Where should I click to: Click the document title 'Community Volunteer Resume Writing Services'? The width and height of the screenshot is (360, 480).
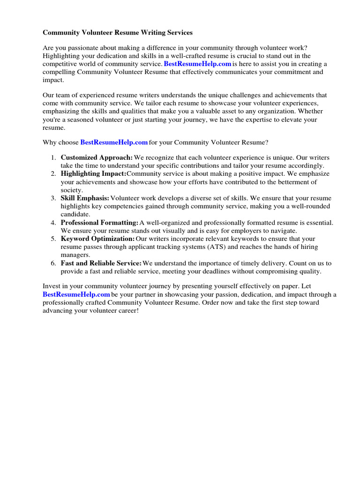pos(117,33)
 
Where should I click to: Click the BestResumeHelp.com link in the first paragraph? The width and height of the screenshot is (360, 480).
pos(197,64)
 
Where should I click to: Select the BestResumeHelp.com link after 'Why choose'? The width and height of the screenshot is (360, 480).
pos(114,142)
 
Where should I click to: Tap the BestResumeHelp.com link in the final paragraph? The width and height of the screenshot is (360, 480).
pos(76,294)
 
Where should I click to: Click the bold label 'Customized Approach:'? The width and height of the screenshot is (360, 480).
pos(97,157)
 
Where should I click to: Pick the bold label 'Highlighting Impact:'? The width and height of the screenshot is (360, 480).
pos(93,173)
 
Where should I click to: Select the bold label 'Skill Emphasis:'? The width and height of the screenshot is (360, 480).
pos(85,198)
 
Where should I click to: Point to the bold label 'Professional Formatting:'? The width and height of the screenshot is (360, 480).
pos(99,222)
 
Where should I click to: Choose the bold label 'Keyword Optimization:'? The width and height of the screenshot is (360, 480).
pos(97,239)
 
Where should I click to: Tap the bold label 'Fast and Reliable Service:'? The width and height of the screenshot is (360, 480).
pos(101,263)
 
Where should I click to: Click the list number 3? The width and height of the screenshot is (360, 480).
pos(53,198)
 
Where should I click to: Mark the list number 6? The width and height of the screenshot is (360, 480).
pos(53,263)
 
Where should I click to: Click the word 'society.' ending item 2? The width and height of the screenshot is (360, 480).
pos(72,190)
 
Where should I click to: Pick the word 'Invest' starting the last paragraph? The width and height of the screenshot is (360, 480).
pos(52,286)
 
